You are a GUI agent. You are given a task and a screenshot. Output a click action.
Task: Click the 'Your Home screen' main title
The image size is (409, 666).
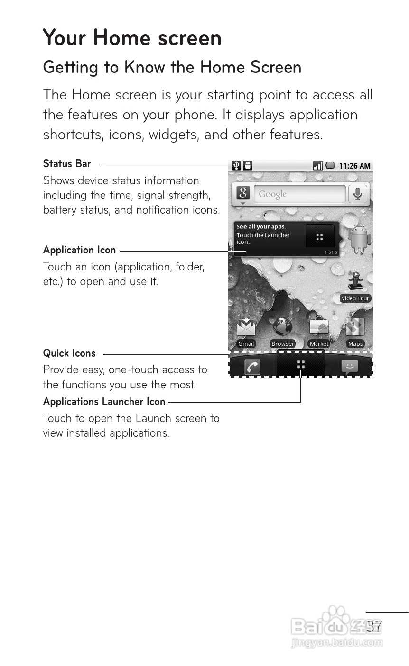(x=132, y=38)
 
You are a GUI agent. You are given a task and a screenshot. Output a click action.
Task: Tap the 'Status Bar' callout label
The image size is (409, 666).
(x=67, y=164)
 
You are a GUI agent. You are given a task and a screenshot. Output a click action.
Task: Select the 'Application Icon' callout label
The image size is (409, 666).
(x=79, y=250)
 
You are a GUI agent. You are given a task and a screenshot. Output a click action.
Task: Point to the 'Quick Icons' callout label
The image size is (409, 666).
(x=69, y=353)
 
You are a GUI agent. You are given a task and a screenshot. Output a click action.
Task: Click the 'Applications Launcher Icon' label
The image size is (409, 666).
(x=104, y=402)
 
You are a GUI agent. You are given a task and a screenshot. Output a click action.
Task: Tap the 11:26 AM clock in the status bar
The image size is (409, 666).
(x=354, y=166)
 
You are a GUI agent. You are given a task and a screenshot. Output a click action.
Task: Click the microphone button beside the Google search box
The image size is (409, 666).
(x=358, y=194)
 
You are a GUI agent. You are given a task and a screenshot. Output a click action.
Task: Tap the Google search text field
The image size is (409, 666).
(x=299, y=194)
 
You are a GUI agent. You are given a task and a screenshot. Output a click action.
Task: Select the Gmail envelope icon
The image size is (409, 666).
(x=246, y=328)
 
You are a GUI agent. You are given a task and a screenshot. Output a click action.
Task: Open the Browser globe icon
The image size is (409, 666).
(x=282, y=327)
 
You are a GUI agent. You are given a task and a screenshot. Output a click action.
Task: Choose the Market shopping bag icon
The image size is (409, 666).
(x=319, y=327)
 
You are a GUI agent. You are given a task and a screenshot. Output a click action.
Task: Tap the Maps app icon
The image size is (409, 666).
(x=355, y=327)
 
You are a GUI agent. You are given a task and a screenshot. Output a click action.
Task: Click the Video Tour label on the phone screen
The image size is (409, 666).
(x=355, y=298)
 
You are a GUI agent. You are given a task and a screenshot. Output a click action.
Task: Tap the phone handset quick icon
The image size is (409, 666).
(x=252, y=367)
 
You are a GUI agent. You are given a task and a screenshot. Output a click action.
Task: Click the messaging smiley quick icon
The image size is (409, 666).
(x=349, y=367)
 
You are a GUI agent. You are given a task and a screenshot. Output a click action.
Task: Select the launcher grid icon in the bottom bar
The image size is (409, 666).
(x=301, y=364)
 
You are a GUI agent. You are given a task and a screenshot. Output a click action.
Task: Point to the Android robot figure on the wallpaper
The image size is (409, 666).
(x=359, y=238)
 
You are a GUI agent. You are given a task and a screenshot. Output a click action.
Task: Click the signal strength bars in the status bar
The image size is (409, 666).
(x=318, y=165)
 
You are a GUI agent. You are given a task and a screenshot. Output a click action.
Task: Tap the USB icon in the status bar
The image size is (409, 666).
(x=236, y=165)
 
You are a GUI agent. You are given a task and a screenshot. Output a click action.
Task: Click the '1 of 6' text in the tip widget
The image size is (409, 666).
(x=331, y=252)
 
